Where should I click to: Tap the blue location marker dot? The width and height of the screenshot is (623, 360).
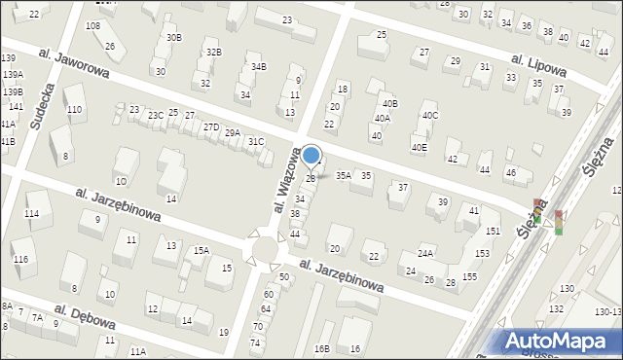coord(311,155)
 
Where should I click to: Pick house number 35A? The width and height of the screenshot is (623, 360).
coord(343,176)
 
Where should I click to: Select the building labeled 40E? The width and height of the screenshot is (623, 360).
coord(419,147)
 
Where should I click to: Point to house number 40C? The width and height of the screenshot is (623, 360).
coord(429,116)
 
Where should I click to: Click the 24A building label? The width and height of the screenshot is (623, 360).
coord(425,253)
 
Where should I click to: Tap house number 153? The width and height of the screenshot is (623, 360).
coord(482,253)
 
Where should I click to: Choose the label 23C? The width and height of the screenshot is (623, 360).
coord(156,115)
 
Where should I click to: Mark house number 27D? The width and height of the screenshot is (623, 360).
coord(210,127)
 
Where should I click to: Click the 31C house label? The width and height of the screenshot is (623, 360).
coord(255,142)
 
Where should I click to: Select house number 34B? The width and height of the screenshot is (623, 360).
coord(258,66)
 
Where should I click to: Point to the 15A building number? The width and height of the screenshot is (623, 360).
coord(201,250)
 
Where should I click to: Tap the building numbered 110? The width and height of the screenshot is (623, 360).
coord(74,110)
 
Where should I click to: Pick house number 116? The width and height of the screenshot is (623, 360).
coord(20,260)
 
